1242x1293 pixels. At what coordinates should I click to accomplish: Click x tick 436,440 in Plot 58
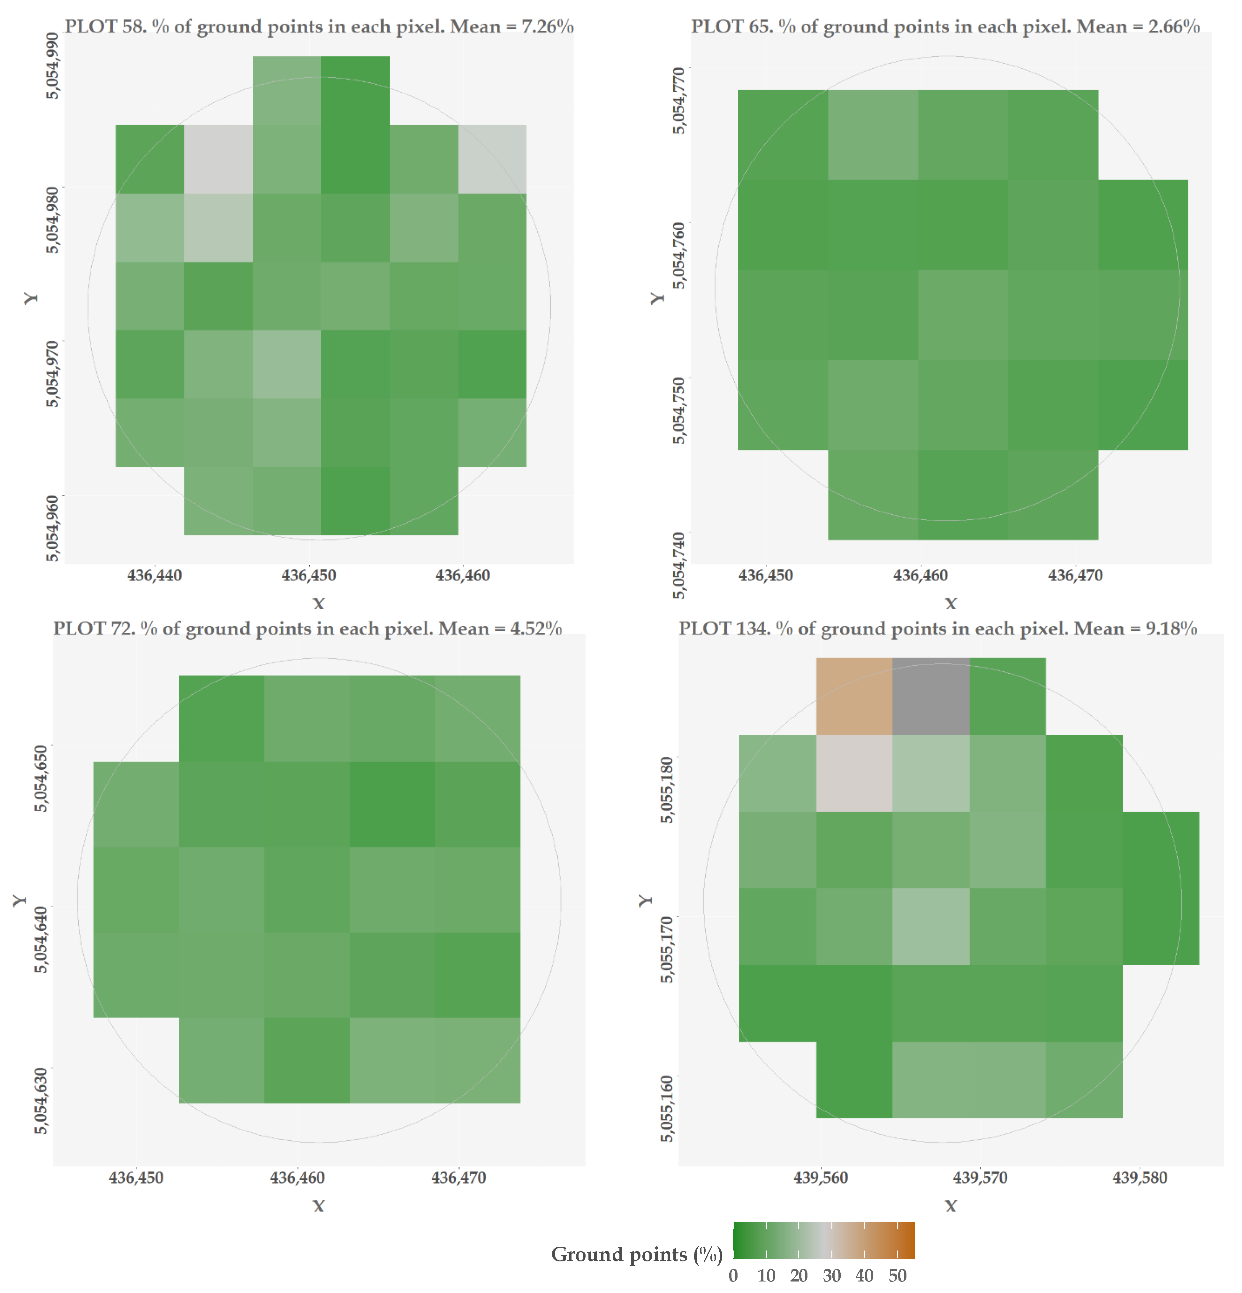[154, 575]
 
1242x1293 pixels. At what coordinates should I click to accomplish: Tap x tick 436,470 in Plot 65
[1075, 575]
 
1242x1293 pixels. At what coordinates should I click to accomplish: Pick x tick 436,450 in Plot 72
[136, 1178]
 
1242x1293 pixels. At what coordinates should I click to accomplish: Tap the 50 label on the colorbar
[897, 1276]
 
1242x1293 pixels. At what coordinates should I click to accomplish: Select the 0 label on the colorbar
[733, 1276]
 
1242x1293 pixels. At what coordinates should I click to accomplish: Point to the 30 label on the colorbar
[832, 1276]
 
